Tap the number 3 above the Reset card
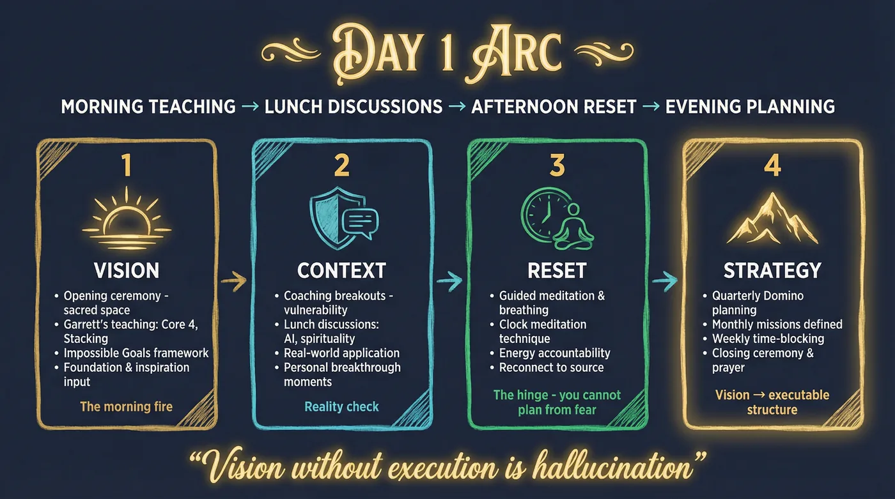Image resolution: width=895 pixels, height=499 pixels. coord(557,165)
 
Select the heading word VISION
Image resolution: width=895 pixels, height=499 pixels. coord(127,270)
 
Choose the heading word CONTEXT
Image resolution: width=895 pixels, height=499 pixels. coord(341,270)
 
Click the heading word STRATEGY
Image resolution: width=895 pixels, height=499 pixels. coord(772,270)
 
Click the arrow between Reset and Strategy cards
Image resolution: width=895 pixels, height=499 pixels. coord(665,279)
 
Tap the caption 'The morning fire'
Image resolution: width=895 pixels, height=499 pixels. coord(126,406)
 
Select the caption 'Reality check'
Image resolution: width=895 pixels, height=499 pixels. coord(341,406)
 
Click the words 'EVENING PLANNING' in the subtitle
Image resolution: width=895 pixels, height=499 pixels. coord(750,106)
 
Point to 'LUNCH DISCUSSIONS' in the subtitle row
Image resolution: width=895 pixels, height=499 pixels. coord(354,106)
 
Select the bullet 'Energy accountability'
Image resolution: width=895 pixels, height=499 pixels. coord(555,353)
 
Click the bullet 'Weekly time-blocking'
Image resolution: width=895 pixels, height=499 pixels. coord(768,338)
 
